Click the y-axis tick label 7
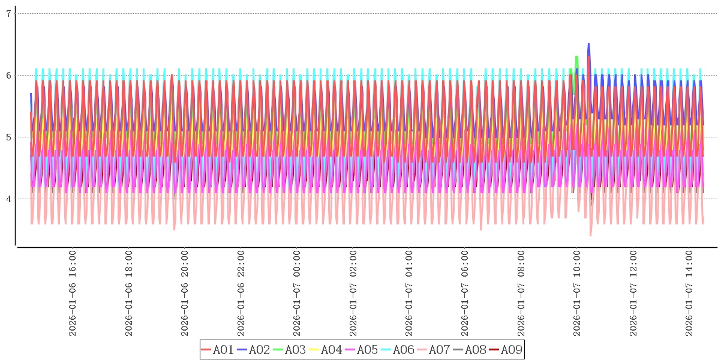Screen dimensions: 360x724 coord(8,13)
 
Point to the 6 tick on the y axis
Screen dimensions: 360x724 coord(8,75)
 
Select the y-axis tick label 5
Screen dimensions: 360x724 coord(8,137)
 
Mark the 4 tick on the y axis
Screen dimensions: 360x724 coord(8,199)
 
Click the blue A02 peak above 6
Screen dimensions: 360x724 coord(588,44)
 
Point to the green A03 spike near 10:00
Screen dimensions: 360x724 coord(576,57)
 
